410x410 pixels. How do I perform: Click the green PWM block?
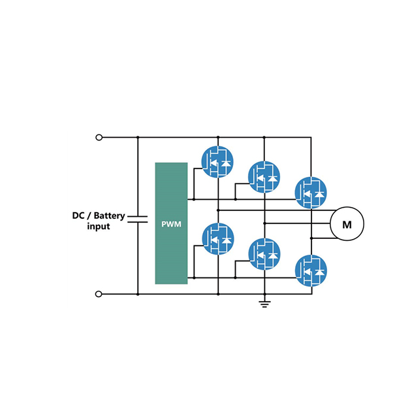(171, 223)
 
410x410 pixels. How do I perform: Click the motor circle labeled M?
(347, 225)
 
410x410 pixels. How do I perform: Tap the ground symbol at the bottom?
(264, 304)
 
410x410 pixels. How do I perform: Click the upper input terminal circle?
(99, 137)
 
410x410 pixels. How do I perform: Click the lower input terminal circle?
(99, 294)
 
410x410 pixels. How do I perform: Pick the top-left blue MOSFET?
(217, 161)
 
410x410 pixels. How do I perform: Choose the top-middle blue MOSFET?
(264, 176)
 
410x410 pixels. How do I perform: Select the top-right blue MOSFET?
(311, 192)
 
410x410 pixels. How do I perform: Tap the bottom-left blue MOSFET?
(217, 239)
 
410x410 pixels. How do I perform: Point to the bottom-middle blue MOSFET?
(264, 255)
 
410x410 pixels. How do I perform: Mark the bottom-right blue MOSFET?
(311, 270)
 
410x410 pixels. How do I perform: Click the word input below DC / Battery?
(98, 227)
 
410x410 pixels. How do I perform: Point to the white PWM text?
(171, 224)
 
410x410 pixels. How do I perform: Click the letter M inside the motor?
(347, 225)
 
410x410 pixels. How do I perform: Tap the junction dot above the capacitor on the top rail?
(138, 137)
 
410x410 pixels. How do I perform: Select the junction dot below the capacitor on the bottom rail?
(138, 294)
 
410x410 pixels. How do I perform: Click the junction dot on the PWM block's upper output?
(193, 198)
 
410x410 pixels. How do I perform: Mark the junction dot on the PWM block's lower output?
(193, 278)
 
